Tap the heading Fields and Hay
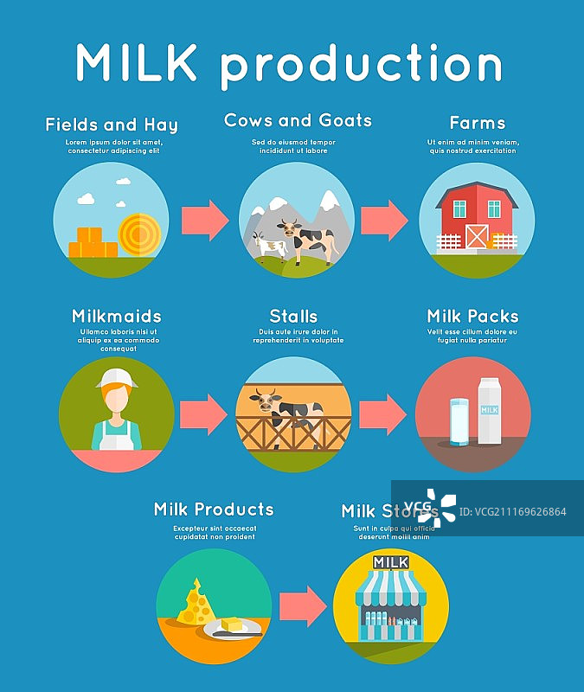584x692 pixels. point(112,125)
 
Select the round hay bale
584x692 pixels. point(138,234)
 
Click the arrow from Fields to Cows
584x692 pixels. point(205,220)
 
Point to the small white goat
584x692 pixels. point(270,247)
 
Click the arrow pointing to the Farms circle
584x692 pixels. point(384,220)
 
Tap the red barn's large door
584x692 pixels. point(477,236)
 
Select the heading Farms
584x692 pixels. point(477,123)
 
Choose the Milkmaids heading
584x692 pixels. point(117,316)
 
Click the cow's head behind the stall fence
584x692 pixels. point(264,400)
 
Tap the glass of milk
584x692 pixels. point(459,421)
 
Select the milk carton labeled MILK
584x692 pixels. point(491,410)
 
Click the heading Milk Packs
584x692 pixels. point(472,316)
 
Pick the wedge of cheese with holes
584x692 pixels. point(196,603)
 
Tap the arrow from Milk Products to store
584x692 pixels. point(304,605)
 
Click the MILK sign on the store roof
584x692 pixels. point(391,563)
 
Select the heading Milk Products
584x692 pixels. point(214,509)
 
